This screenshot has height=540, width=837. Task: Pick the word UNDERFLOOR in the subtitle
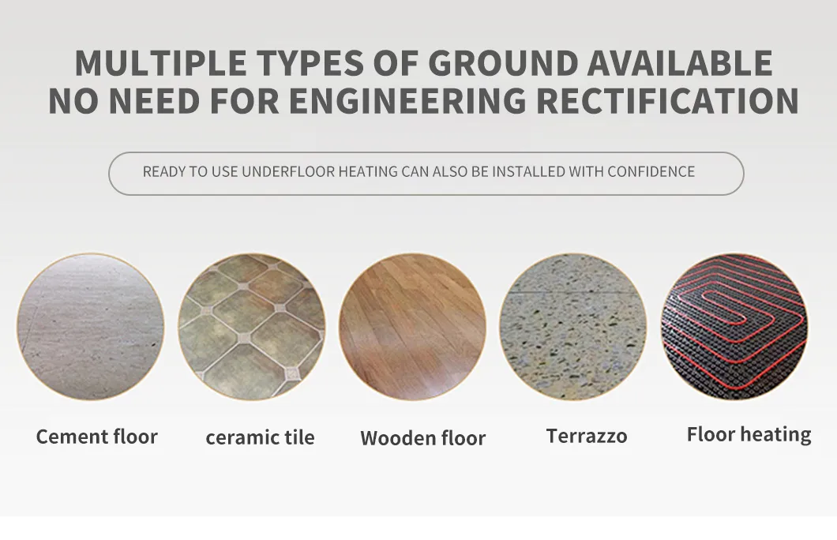(x=288, y=171)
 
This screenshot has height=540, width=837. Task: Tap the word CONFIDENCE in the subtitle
(x=651, y=171)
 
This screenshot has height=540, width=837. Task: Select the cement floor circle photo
(x=90, y=327)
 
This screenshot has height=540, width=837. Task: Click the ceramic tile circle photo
(x=251, y=327)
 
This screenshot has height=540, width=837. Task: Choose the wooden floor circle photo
(x=412, y=327)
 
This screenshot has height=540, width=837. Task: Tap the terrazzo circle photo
(x=573, y=327)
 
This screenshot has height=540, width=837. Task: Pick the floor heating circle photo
(x=734, y=327)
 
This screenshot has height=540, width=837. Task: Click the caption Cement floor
(x=97, y=437)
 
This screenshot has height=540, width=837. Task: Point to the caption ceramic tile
(x=260, y=437)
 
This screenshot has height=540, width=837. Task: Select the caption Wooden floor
(x=422, y=438)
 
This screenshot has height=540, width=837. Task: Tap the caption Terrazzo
(x=587, y=436)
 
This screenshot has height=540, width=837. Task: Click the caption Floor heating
(x=749, y=435)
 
